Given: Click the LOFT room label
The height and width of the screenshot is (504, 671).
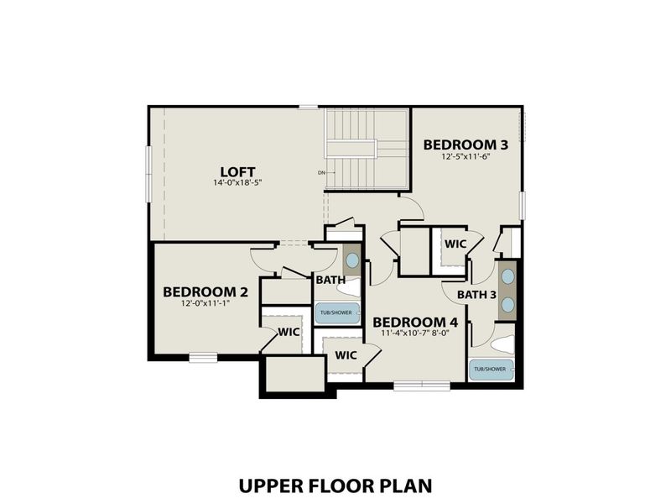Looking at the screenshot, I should click(x=237, y=170).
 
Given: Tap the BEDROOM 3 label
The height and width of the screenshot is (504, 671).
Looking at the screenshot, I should click(x=465, y=143).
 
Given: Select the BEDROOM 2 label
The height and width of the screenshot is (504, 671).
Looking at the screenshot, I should click(x=205, y=291).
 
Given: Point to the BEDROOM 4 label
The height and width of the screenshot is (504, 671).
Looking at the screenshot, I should click(x=415, y=322).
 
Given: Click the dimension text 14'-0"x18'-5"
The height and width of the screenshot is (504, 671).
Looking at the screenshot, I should click(x=237, y=182).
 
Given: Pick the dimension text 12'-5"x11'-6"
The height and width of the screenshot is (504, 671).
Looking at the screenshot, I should click(x=465, y=155).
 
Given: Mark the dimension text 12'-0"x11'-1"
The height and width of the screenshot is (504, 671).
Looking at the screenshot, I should click(x=205, y=303).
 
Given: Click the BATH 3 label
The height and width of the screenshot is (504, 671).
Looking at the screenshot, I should click(x=476, y=295).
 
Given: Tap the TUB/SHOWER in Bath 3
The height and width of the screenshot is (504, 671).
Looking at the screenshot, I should click(x=491, y=369).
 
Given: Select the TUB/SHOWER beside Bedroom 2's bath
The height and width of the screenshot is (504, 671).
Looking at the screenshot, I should click(x=337, y=312).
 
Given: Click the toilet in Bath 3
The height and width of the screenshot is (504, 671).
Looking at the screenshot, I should click(x=503, y=344).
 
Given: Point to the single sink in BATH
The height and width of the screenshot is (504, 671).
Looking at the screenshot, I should click(x=352, y=260).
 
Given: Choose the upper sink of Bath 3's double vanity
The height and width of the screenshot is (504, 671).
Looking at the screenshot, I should click(x=507, y=276).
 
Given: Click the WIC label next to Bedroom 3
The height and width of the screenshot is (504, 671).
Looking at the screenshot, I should click(x=455, y=244).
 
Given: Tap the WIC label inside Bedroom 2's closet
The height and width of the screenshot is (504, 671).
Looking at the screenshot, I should click(x=289, y=332).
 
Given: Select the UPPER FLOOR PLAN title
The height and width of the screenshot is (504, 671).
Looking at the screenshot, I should click(x=335, y=486).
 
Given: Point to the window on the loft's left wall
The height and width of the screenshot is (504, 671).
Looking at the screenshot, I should click(x=148, y=174).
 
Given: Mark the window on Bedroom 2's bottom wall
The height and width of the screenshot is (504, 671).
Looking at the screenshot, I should click(x=202, y=358).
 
